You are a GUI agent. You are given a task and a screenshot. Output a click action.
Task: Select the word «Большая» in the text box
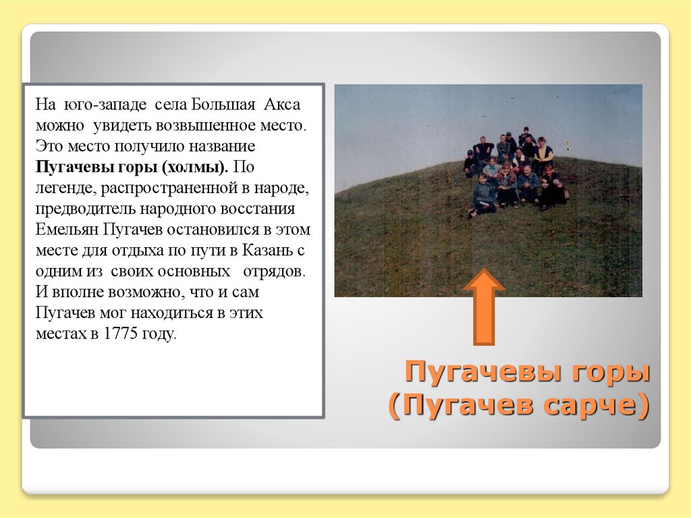tap(223, 106)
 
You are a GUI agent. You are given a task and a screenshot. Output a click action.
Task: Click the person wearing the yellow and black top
tap(543, 153)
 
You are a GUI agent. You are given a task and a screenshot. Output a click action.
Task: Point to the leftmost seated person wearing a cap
tap(470, 162)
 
